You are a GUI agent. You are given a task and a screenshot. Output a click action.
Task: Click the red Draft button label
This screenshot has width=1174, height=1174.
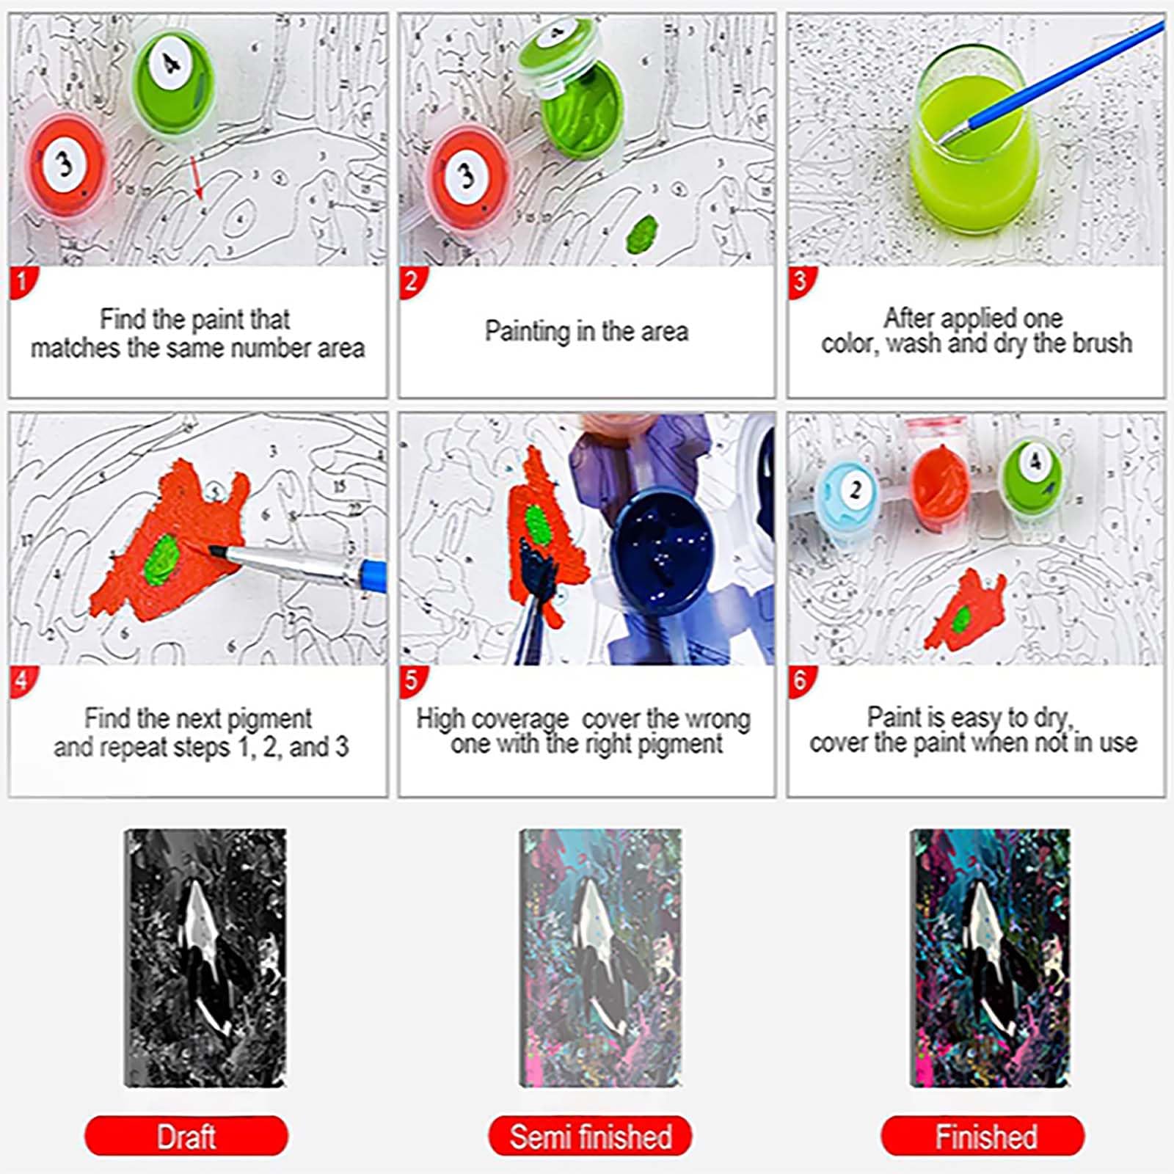(x=186, y=1136)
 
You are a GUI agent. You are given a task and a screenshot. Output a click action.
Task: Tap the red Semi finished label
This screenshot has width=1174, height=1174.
(x=590, y=1136)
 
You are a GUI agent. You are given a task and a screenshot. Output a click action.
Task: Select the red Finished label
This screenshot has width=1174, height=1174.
(x=982, y=1136)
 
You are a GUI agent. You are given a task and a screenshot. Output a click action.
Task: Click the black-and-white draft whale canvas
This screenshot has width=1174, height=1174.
(x=205, y=958)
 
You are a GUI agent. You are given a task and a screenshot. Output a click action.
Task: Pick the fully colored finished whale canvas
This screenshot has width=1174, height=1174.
(x=990, y=958)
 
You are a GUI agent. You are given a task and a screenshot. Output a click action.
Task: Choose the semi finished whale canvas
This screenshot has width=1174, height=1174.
(x=601, y=958)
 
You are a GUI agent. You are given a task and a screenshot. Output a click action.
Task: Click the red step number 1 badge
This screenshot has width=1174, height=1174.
(x=22, y=282)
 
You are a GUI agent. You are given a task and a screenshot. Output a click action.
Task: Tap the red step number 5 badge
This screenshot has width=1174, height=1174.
(x=412, y=681)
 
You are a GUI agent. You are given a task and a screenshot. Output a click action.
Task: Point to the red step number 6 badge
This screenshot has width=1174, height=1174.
(x=801, y=681)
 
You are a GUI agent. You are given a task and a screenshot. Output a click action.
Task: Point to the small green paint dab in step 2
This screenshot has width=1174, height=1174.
(x=642, y=234)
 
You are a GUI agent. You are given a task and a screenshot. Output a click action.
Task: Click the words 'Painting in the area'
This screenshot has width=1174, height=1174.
(x=586, y=331)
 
